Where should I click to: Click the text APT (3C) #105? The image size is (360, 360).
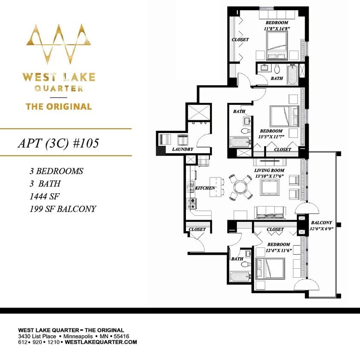coord(58,143)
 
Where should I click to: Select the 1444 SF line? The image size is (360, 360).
coord(44,196)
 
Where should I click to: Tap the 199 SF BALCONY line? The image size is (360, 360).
coord(63,209)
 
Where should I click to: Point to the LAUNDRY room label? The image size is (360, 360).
coord(183,150)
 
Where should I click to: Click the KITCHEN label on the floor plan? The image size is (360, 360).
coord(205,188)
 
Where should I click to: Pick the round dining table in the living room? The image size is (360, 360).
coord(240,187)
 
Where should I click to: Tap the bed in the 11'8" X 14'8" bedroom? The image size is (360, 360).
coord(277,45)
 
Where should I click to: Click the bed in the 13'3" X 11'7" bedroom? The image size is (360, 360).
coord(283,116)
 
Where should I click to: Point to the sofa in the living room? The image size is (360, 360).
coord(270,211)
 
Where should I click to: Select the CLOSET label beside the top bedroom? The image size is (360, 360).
coord(240,40)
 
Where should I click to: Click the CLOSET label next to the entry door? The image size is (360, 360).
coord(197,229)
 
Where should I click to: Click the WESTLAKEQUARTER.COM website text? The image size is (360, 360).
coord(101,342)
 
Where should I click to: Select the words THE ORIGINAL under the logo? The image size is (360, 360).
coord(59,107)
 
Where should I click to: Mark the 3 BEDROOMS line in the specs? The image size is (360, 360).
coord(56,171)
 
